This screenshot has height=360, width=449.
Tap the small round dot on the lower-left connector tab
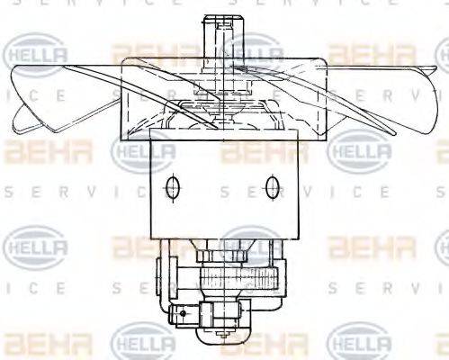pyautogui.click(x=183, y=314)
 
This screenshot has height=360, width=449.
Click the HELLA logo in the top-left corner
pyautogui.click(x=37, y=57)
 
